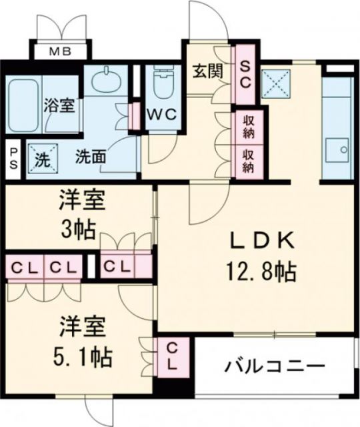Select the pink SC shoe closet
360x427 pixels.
coord(245,75)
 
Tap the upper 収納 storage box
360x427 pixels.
coord(248,125)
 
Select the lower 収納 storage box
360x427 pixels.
coord(248,161)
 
